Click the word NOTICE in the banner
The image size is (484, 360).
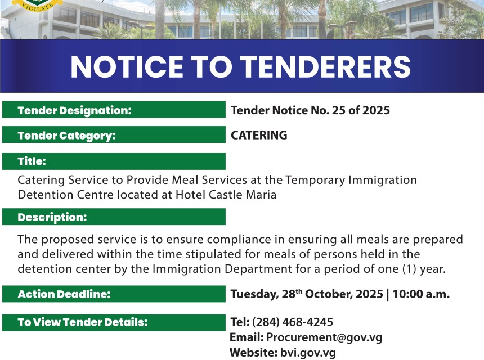pyautogui.click(x=127, y=66)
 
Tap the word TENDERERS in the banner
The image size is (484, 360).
pyautogui.click(x=325, y=66)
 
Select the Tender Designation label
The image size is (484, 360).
pyautogui.click(x=75, y=110)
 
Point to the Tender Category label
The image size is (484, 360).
pyautogui.click(x=66, y=136)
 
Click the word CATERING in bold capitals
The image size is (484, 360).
pyautogui.click(x=259, y=135)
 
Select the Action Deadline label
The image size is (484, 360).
pyautogui.click(x=64, y=294)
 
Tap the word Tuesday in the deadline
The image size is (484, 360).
pyautogui.click(x=254, y=294)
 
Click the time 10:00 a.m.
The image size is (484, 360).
pyautogui.click(x=421, y=294)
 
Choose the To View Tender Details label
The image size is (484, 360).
pyautogui.click(x=83, y=322)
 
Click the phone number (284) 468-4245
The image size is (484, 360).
pyautogui.click(x=293, y=322)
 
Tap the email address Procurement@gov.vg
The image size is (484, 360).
pyautogui.click(x=324, y=337)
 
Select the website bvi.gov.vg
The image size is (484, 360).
pyautogui.click(x=308, y=353)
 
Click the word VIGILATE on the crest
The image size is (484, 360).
pyautogui.click(x=37, y=7)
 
